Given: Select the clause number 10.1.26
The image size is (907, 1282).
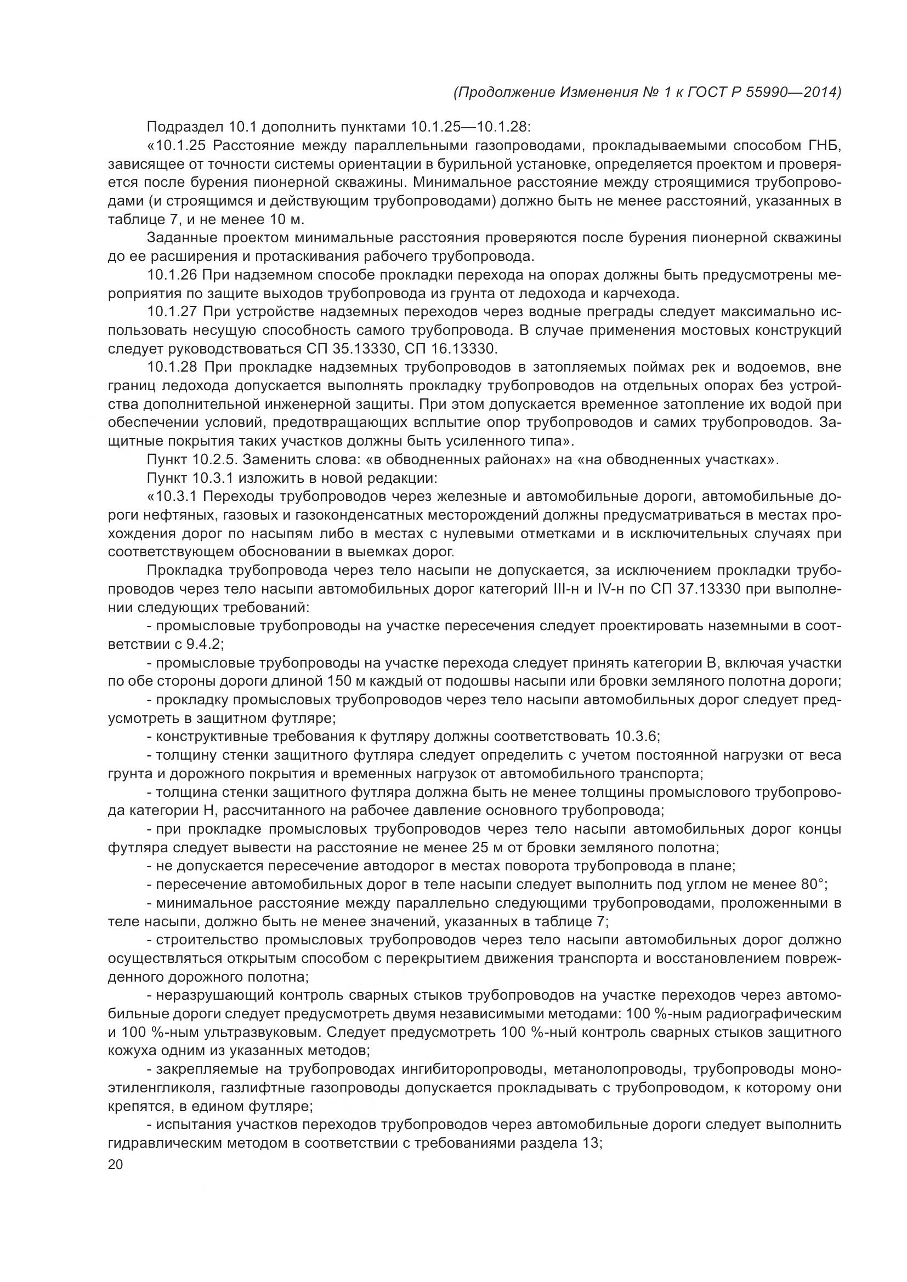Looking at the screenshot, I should (172, 275).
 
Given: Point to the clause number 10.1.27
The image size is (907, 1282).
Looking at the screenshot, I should (172, 312).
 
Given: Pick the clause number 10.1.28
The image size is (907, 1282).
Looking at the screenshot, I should (172, 367).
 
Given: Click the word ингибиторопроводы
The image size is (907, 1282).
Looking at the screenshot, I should (464, 1069).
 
